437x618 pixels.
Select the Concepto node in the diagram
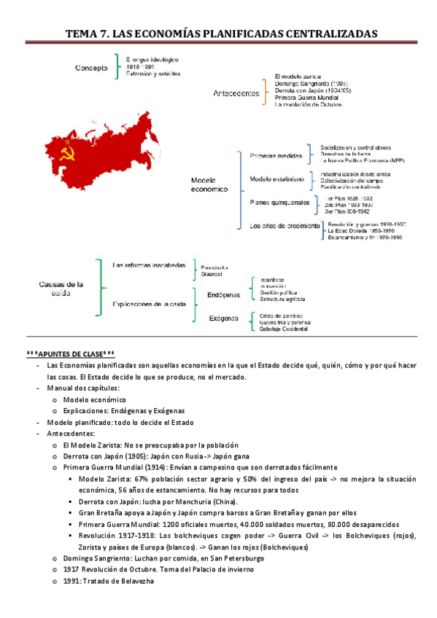click(91, 69)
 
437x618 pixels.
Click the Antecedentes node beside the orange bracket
click(236, 93)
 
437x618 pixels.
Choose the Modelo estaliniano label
click(276, 179)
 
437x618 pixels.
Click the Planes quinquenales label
click(279, 202)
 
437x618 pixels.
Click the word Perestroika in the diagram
click(215, 267)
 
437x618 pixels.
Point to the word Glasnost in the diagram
click(212, 274)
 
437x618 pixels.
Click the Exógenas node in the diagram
click(225, 318)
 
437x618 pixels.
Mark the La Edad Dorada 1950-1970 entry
click(361, 231)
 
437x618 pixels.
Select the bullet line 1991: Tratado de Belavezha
click(109, 581)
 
